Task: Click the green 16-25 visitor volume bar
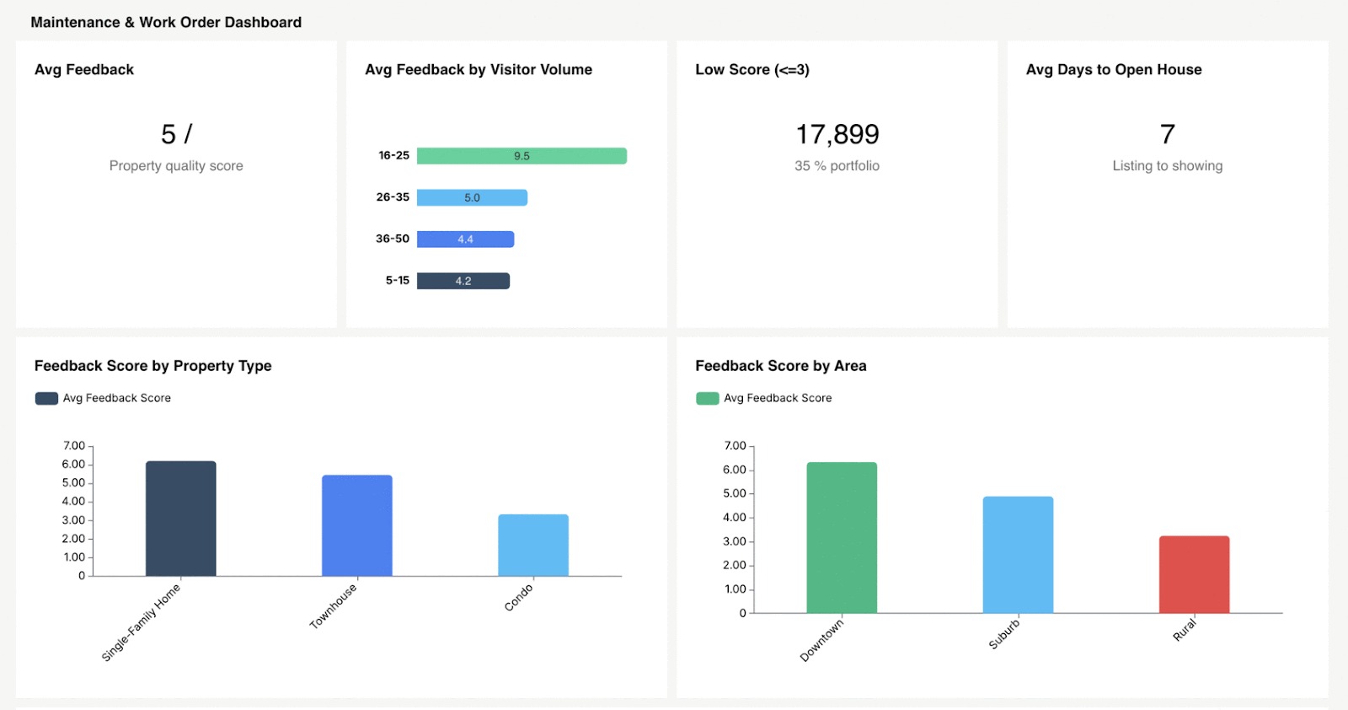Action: (x=522, y=156)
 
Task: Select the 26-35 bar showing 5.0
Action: (x=472, y=197)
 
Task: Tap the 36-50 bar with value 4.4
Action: (x=465, y=239)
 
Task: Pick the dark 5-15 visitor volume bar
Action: (x=463, y=281)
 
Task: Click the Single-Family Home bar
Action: (x=180, y=519)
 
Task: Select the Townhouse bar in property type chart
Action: (x=356, y=525)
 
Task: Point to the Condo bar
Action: (x=532, y=545)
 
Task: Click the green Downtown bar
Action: (x=841, y=537)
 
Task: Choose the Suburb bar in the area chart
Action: (x=1018, y=554)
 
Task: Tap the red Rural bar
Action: (x=1194, y=574)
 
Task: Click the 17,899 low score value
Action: (x=837, y=134)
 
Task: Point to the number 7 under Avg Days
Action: (x=1167, y=134)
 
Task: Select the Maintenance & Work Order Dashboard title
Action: (x=166, y=23)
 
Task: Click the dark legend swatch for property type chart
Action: (x=46, y=398)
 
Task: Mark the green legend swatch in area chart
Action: (x=707, y=398)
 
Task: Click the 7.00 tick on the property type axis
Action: (x=73, y=445)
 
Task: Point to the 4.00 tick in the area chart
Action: (x=735, y=517)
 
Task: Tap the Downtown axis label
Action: (x=821, y=640)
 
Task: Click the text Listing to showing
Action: (x=1167, y=166)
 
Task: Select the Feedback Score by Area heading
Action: (x=780, y=366)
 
